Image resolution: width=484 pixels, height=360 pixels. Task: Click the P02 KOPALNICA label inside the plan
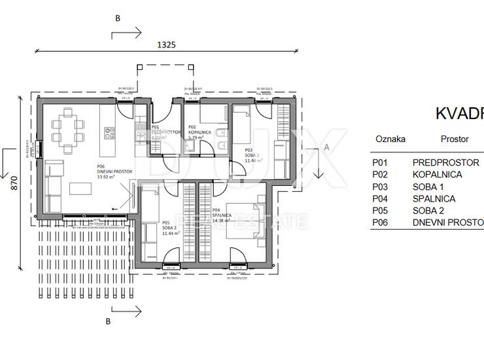200,133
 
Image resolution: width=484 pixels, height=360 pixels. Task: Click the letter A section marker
326,148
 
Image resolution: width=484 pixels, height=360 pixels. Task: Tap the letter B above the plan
118,18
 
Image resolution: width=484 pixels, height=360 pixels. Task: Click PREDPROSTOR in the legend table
446,162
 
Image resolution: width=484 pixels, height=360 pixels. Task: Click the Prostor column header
454,139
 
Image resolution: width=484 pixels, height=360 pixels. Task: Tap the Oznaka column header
390,139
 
